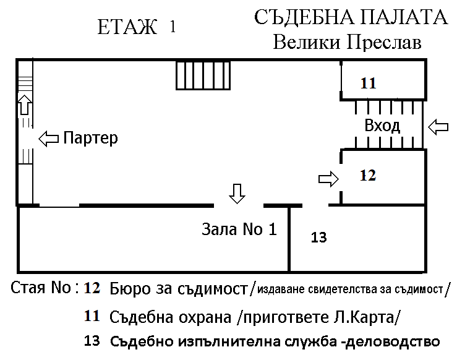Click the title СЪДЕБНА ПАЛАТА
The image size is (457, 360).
coord(351,18)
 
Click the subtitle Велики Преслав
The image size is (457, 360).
coord(347,42)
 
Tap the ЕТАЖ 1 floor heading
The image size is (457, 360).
coord(137,27)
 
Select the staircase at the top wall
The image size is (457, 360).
coord(203,75)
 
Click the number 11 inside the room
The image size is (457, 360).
coord(369,84)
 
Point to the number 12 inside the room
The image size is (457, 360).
coord(368,176)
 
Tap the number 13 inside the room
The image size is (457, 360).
coord(319,238)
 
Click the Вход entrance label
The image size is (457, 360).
coord(382,126)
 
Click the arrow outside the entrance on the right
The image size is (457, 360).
coord(438,127)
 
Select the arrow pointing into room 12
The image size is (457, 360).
coord(328,179)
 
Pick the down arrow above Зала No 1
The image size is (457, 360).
coord(237,194)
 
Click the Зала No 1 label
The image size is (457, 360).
coord(239,229)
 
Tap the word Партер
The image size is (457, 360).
coord(91,138)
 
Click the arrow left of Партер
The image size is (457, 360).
coord(49,139)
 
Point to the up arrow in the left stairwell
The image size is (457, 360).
coord(25,105)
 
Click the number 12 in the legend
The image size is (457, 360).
coord(92,288)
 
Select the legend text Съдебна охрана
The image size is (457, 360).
coord(170,317)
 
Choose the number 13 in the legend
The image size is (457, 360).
coord(92,341)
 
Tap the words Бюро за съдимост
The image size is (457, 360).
coord(179,289)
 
